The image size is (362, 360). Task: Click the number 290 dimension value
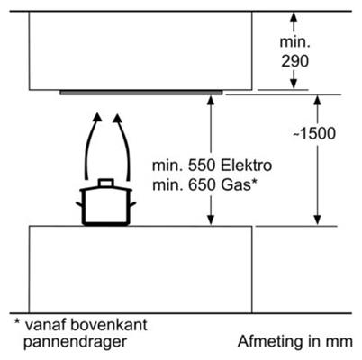(294, 61)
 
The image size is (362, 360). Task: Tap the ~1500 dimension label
(313, 133)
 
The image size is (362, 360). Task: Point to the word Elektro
(246, 166)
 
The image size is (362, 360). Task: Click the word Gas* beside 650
(239, 184)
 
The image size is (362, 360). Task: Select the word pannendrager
(75, 342)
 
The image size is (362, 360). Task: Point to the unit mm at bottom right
(339, 343)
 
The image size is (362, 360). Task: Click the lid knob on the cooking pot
(106, 183)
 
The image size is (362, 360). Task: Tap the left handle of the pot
(79, 204)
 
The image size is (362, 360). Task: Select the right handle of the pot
(132, 204)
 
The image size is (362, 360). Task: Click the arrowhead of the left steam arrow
(96, 117)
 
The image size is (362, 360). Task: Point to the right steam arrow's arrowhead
(117, 118)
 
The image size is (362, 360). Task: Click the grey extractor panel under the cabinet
(141, 93)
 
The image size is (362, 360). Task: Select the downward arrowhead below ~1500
(317, 220)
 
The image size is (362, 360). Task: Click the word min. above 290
(294, 41)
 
